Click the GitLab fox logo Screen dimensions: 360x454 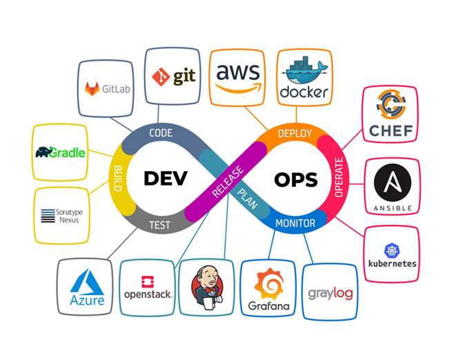coord(92,88)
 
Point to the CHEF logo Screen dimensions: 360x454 coord(390,110)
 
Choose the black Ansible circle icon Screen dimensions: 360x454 coord(392,183)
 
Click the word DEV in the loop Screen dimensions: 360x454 coord(166,178)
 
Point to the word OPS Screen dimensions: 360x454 coord(295,179)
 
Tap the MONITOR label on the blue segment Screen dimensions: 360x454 coord(295,223)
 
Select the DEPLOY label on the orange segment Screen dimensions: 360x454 coord(295,133)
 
